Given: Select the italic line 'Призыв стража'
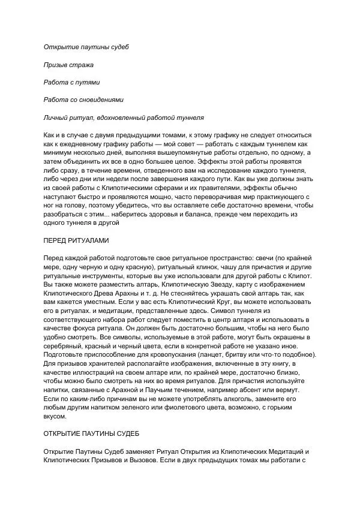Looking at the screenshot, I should click(68, 64).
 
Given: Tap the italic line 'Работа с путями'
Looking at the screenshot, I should click(72, 82).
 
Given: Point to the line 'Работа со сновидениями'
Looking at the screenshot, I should click(84, 100).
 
